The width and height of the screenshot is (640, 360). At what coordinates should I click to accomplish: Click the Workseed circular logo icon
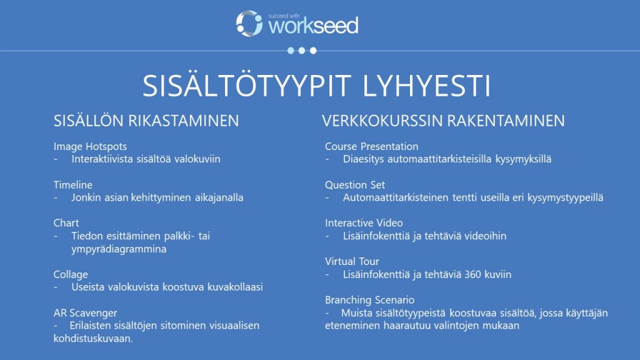tap(249, 23)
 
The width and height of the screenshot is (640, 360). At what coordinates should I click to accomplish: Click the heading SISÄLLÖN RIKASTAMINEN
tap(146, 121)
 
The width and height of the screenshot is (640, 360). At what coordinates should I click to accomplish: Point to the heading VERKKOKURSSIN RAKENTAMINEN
tap(443, 121)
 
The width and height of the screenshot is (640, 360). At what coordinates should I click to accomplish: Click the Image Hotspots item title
tap(90, 147)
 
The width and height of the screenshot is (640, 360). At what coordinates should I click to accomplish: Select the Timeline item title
tap(73, 185)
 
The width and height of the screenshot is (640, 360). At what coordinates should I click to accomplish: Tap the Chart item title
tap(66, 223)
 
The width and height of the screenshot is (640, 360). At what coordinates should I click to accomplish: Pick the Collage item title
tap(71, 274)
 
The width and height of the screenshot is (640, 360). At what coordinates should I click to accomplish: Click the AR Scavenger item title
tap(85, 312)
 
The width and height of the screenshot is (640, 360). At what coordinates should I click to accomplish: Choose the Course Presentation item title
tap(371, 147)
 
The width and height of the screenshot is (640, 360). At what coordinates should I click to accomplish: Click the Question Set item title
tap(355, 185)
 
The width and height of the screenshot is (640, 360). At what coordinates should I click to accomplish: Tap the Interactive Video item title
tap(364, 223)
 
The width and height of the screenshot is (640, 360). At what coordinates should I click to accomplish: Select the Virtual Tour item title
tap(352, 261)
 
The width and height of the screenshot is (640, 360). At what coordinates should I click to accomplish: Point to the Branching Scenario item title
tap(369, 300)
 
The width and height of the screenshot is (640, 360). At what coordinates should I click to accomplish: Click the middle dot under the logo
tap(301, 51)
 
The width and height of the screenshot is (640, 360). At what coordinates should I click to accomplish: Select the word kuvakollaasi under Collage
tap(231, 287)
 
